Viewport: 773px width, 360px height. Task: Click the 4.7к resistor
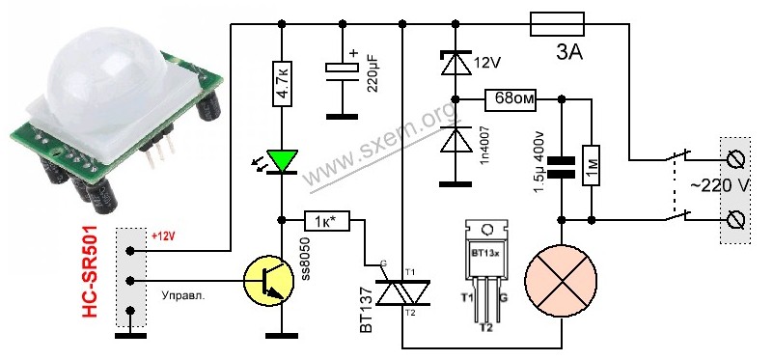click(282, 84)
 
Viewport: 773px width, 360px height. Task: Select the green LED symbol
click(283, 161)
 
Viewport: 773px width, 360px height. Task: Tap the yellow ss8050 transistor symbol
click(269, 281)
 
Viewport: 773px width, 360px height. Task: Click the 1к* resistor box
click(326, 221)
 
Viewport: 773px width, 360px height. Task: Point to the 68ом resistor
click(511, 100)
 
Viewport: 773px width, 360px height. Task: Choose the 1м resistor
click(591, 165)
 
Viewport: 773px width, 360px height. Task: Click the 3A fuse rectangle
click(557, 24)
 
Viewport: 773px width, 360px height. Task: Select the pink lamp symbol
click(561, 281)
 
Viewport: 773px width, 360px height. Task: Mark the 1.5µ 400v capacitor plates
click(561, 167)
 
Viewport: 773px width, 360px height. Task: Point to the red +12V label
click(163, 236)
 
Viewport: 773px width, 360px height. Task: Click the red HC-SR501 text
click(90, 271)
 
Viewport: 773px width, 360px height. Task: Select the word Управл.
click(183, 296)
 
